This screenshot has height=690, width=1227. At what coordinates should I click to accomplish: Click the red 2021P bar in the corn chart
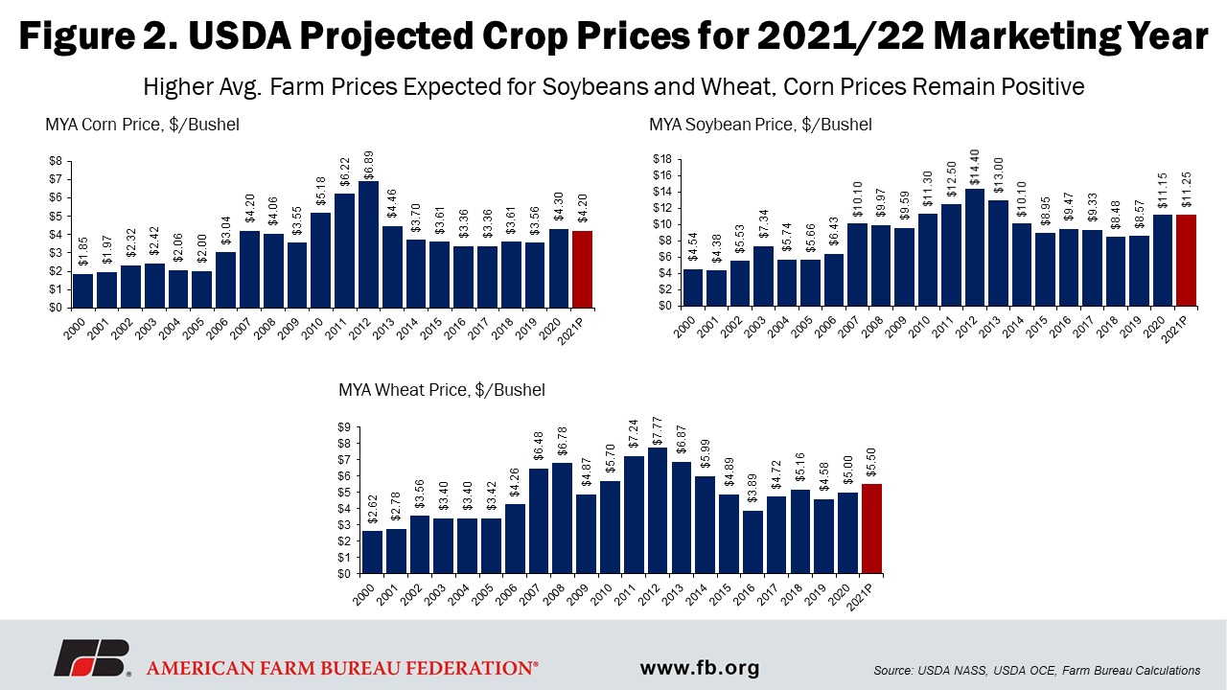pos(582,269)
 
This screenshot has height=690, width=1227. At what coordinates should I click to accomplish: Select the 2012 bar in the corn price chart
pos(368,244)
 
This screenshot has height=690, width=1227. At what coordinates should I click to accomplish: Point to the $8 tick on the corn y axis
pos(56,161)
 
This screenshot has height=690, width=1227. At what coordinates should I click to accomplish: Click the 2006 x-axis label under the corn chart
pos(218,328)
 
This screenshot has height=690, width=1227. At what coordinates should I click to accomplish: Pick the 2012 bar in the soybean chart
pos(975,247)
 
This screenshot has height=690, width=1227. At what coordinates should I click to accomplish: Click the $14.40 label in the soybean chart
pos(975,167)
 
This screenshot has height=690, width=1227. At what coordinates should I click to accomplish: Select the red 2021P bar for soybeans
pos(1186,260)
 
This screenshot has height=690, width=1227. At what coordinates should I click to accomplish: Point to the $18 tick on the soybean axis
pos(662,159)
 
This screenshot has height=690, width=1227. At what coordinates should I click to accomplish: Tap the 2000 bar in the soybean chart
pos(693,287)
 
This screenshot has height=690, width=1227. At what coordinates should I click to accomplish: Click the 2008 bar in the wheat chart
pos(562,518)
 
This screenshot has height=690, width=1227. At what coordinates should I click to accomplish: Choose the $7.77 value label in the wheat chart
pos(658,431)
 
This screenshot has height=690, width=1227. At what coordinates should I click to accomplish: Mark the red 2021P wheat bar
pos(871,529)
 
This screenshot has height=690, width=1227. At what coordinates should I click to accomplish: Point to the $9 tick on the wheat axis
pos(344,427)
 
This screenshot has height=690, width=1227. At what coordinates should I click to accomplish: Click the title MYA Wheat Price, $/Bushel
pos(442,390)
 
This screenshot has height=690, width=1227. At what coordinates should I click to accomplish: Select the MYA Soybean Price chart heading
pos(760,125)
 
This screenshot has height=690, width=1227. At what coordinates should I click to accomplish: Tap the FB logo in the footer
pos(92,658)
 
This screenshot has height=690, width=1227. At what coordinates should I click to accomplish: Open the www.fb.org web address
pos(700,668)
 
